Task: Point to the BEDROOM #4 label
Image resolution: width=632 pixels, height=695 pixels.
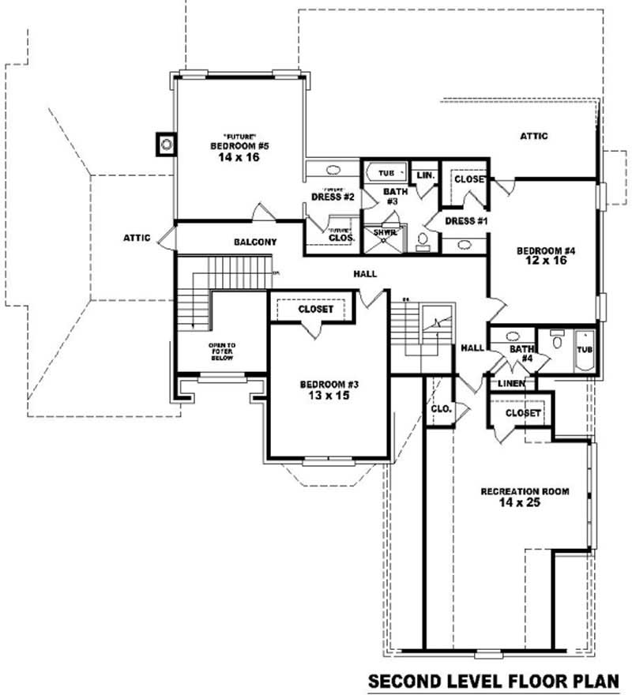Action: point(546,251)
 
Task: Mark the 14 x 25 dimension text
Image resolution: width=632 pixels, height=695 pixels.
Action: point(520,503)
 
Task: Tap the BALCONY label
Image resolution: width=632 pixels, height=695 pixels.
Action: point(254,242)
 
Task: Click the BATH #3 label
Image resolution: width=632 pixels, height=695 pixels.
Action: point(394,197)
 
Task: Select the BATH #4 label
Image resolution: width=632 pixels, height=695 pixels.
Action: point(521,353)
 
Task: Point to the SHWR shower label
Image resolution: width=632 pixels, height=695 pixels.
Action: point(385,233)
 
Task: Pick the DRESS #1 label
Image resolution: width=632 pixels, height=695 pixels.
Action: point(465,221)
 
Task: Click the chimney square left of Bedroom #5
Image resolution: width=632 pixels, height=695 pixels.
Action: point(167,145)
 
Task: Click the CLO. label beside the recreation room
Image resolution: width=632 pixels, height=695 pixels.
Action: point(440,408)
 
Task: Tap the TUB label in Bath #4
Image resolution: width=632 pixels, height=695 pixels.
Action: point(585,349)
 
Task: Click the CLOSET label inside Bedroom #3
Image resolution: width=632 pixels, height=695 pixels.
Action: point(315,310)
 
